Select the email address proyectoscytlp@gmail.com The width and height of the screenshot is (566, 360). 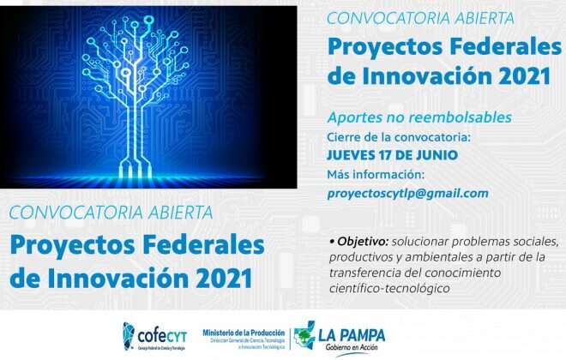tap(408, 194)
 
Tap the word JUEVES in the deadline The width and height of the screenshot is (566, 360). tap(354, 155)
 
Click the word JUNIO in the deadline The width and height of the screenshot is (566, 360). tap(437, 155)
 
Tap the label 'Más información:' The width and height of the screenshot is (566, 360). tap(376, 175)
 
